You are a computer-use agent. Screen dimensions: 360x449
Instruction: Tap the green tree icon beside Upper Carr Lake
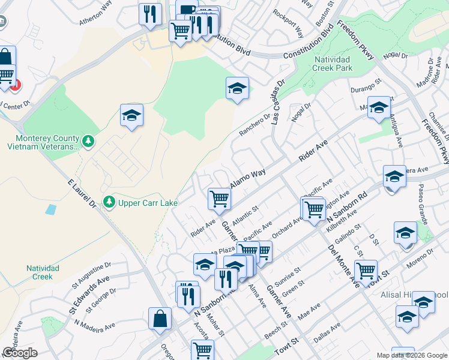click(x=109, y=202)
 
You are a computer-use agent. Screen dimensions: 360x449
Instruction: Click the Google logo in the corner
click(x=20, y=353)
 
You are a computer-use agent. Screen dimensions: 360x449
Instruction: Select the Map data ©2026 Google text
click(x=411, y=355)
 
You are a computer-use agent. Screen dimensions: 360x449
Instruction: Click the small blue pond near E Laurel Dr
click(x=50, y=210)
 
